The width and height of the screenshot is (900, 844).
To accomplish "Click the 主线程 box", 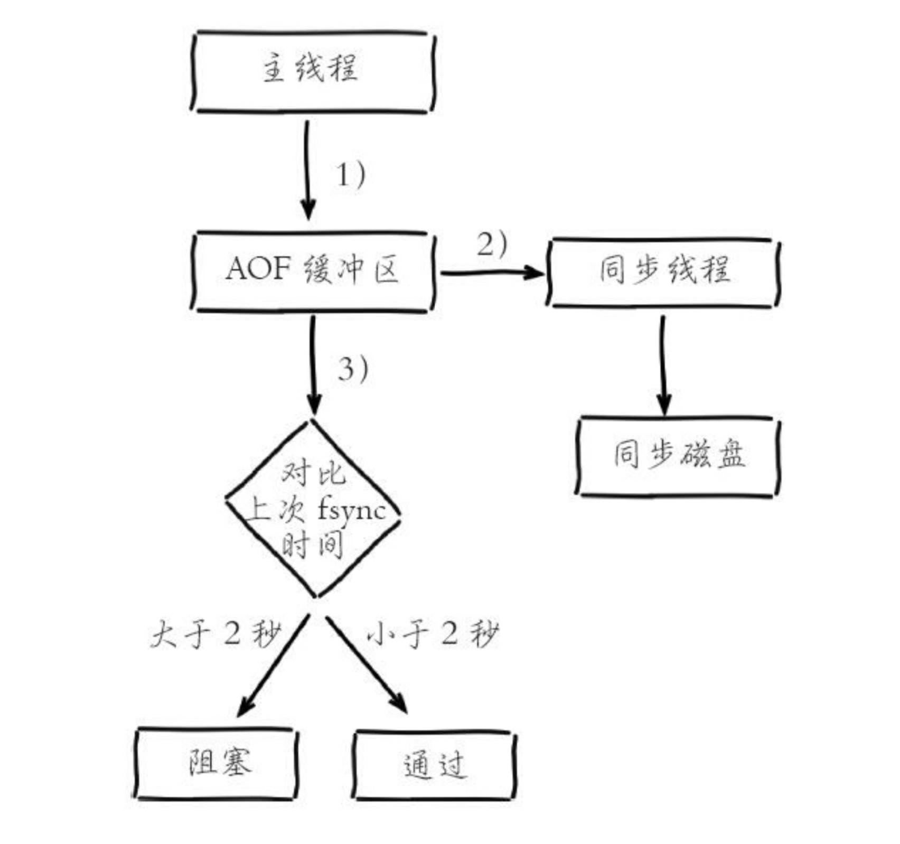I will pyautogui.click(x=313, y=71).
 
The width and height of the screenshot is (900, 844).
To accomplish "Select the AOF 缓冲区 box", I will pyautogui.click(x=313, y=270).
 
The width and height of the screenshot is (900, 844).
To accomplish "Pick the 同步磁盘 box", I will pyautogui.click(x=678, y=455).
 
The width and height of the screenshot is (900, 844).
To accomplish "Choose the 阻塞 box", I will pyautogui.click(x=215, y=763).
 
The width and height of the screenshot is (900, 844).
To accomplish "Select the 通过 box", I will pyautogui.click(x=434, y=765).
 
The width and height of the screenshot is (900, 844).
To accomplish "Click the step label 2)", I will pyautogui.click(x=492, y=244).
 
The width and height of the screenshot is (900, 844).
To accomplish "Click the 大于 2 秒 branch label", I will pyautogui.click(x=215, y=634).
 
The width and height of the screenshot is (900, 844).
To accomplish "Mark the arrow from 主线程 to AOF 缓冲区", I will pyautogui.click(x=307, y=169).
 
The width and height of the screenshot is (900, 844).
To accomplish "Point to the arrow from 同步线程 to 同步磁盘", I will pyautogui.click(x=663, y=364).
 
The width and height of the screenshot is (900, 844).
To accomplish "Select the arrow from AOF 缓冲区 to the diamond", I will pyautogui.click(x=314, y=364).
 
